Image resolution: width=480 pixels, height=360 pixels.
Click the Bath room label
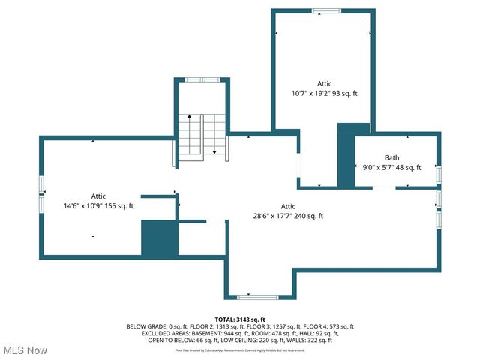point(391,157)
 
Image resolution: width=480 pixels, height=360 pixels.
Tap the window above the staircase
point(201,79)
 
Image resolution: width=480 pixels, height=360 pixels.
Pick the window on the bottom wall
point(248,297)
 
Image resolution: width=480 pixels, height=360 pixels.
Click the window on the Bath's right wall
point(438,174)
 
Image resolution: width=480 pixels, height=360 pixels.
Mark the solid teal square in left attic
point(157,238)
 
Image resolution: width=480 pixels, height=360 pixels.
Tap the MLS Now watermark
point(25,350)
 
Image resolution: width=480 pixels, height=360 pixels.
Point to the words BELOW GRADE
point(146,326)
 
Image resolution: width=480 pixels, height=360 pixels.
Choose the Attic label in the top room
point(324,83)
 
